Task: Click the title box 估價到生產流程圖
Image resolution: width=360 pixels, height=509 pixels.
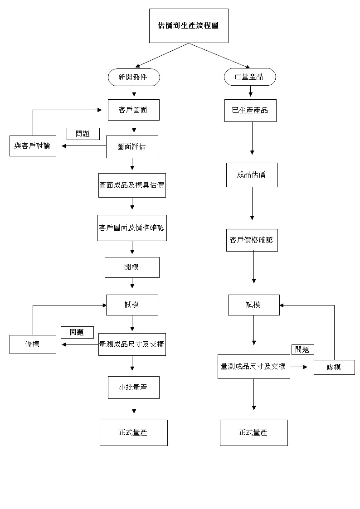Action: click(189, 26)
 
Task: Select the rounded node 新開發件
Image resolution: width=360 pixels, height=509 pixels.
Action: click(134, 77)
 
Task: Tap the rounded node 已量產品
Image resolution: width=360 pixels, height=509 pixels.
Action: click(250, 77)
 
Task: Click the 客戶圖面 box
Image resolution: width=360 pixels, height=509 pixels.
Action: click(134, 110)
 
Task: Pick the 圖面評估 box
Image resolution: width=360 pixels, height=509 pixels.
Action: click(132, 147)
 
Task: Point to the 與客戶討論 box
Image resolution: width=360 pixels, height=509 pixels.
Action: click(33, 146)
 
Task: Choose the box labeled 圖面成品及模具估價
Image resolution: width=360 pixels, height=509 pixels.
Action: click(132, 185)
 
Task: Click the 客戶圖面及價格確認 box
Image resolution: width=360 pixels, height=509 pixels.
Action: click(132, 228)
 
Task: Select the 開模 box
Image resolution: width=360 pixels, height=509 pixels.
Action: click(132, 267)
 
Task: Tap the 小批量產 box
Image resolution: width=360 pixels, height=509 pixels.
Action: click(134, 388)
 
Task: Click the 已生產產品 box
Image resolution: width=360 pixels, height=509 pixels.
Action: click(250, 111)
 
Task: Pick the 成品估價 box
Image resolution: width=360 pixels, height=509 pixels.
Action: click(252, 175)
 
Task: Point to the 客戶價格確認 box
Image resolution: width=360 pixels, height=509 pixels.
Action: click(252, 240)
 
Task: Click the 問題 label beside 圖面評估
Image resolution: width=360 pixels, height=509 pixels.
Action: click(83, 134)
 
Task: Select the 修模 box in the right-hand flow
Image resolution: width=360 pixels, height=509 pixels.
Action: click(334, 367)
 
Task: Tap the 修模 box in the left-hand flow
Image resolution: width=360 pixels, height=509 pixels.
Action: click(33, 344)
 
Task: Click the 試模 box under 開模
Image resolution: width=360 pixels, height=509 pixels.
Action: click(132, 305)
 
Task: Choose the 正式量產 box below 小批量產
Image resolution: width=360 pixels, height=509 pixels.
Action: click(134, 433)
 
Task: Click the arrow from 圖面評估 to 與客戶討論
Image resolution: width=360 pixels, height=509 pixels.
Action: click(84, 146)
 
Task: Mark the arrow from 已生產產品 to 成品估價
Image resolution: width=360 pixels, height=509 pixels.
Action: click(252, 138)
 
